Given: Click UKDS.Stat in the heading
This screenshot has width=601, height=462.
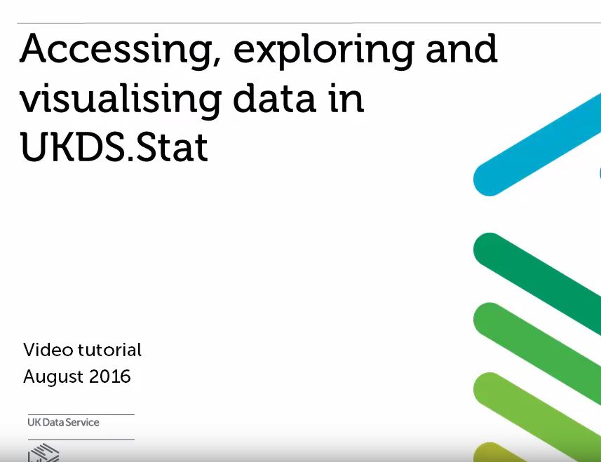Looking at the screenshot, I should coord(114,147).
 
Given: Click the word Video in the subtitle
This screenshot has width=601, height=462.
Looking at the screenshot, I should coord(47,350).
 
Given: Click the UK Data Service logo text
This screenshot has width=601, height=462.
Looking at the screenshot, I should coord(63,423).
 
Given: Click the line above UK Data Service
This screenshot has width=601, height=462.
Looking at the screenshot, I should coord(81,414).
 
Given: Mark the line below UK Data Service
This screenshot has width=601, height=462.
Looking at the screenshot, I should coord(81,440).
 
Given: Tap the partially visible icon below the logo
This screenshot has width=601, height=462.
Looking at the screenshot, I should coord(43,453).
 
